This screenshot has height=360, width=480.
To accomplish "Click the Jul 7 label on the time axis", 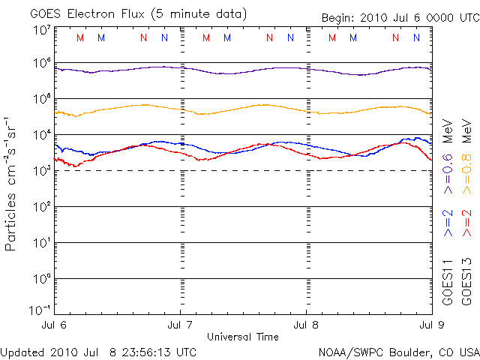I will [180, 325].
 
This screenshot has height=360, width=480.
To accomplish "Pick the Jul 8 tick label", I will [306, 325].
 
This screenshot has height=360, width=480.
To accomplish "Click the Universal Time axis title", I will [242, 337].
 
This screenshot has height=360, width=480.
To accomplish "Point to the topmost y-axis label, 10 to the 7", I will [42, 30].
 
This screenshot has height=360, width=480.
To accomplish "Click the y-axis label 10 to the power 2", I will [42, 206].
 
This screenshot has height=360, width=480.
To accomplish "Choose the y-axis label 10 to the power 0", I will [42, 278].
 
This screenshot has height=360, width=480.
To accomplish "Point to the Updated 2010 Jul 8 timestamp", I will [99, 352].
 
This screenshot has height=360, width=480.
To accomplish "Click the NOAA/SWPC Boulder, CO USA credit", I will [398, 352].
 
